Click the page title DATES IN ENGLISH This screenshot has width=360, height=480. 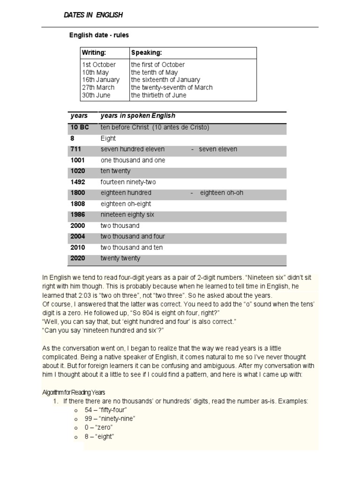(93, 15)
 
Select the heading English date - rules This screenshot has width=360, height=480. (99, 35)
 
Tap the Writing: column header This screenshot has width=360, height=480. (94, 53)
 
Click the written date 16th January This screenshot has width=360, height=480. (101, 80)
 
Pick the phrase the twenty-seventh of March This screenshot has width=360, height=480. (172, 87)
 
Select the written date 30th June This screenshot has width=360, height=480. (96, 95)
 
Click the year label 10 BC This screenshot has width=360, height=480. (79, 127)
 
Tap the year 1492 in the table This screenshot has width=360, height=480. (78, 182)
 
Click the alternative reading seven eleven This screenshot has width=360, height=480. (218, 149)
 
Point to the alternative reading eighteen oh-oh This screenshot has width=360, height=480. (222, 193)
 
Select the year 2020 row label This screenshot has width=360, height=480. (78, 258)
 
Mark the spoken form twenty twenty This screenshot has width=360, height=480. (120, 258)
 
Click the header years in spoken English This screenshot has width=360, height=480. (138, 116)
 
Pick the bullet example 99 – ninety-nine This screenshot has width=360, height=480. (110, 418)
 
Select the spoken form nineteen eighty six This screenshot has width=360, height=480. (127, 215)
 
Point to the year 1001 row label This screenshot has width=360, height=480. (78, 160)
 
